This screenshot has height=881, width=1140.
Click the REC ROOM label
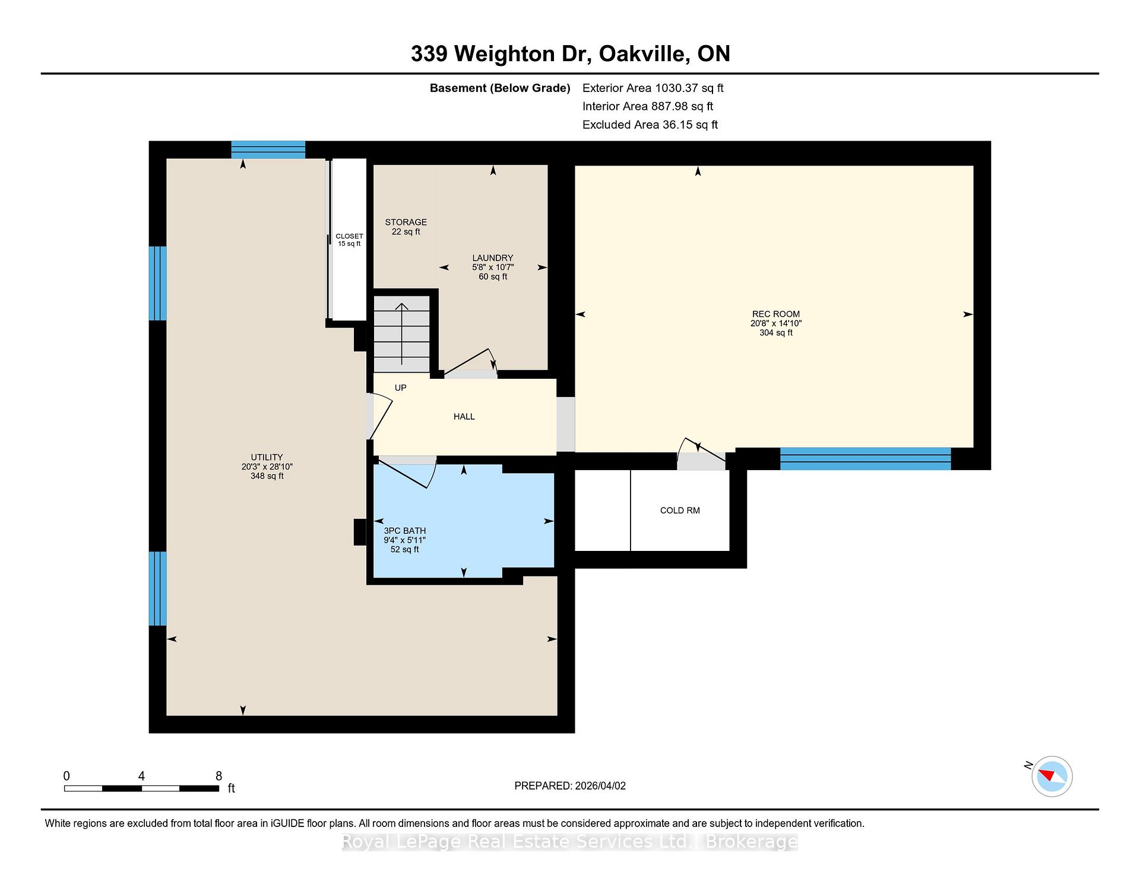coord(775,314)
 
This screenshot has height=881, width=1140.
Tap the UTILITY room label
coord(267,457)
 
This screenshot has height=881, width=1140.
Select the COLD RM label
coord(680,511)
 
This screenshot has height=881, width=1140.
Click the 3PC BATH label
coord(405,531)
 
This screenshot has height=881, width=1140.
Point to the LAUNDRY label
coord(492,258)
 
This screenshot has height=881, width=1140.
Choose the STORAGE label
coord(406,222)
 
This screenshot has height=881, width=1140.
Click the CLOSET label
coord(349,236)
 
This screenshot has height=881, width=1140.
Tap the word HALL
coord(464,417)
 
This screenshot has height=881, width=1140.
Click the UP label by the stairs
coord(401,388)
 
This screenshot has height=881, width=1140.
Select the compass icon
coord(1052,776)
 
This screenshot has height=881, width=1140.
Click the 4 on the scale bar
coord(141,776)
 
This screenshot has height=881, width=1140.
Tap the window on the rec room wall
coord(865,459)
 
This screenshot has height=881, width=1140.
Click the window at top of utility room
coord(268,150)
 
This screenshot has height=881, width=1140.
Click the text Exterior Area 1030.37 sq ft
coord(653,88)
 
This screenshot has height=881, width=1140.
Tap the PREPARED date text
coord(569,785)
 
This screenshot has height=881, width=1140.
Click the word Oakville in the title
coord(644,54)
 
